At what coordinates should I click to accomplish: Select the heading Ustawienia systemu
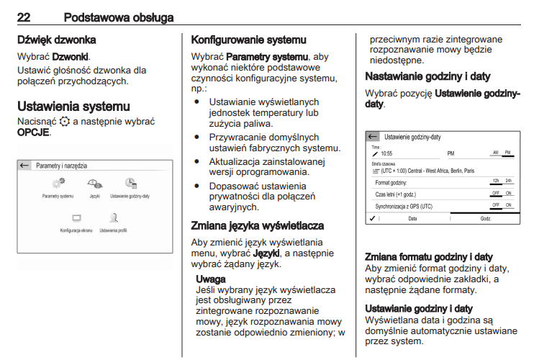pos(73,107)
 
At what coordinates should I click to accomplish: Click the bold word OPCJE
pos(33,132)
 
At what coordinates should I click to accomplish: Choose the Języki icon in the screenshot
pos(94,184)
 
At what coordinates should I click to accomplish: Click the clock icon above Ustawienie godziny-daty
pos(130,184)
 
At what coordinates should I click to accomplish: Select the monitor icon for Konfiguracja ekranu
pos(77,217)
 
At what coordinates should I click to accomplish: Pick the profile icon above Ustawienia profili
pos(113,217)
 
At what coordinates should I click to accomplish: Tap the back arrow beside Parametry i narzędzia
pos(24,165)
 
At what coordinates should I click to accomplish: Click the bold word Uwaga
pos(211,279)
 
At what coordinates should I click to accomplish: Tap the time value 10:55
pos(386,153)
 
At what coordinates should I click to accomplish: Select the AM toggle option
pos(495,153)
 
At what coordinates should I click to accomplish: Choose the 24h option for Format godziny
pos(508,181)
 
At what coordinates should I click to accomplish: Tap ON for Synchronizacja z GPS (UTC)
pos(508,205)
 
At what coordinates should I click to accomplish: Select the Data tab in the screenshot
pos(412,217)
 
